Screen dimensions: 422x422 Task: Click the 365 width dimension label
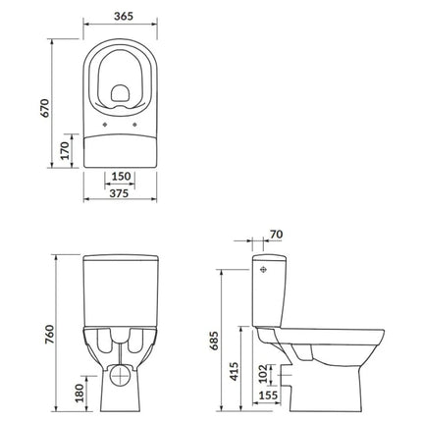124,16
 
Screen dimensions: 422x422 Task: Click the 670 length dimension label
44,108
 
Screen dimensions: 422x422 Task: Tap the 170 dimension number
65,151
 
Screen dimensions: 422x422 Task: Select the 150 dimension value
121,177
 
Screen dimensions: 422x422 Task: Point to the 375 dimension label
119,193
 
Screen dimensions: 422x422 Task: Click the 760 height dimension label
49,335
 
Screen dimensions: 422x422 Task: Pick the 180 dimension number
79,393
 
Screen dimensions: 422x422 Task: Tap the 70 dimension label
277,235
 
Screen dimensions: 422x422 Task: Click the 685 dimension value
214,341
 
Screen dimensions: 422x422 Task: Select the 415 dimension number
234,371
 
